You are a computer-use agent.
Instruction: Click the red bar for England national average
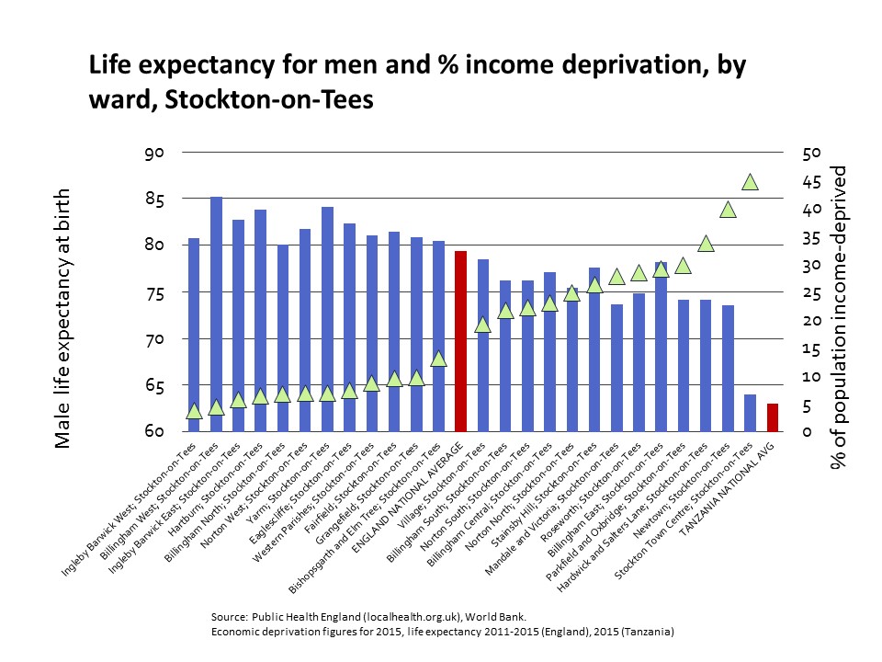460,340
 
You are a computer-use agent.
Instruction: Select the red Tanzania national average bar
774,417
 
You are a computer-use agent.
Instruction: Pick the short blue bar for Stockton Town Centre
751,413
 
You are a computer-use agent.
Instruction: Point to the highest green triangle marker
751,182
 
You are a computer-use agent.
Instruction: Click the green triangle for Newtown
728,210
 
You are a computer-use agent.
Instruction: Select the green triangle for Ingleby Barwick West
194,411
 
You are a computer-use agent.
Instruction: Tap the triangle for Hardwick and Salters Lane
706,244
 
